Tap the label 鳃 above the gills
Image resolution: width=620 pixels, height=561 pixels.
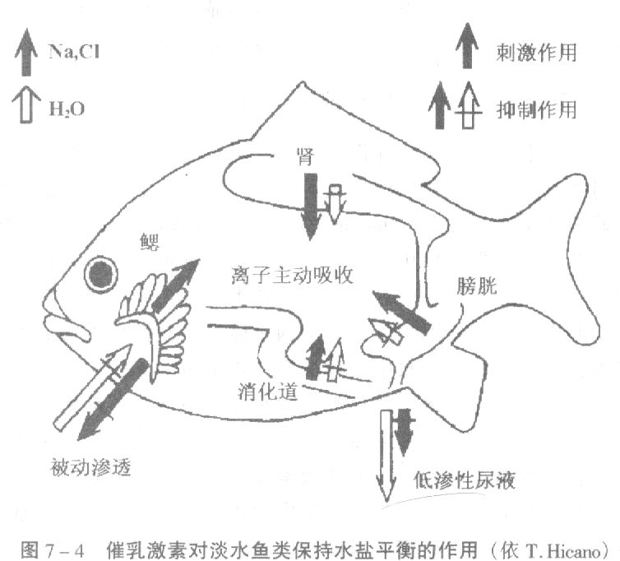click(150, 242)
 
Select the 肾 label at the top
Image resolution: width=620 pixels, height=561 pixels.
click(308, 156)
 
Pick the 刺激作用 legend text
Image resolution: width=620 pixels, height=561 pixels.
click(536, 53)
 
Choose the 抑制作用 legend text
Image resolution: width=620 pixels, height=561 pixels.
click(536, 109)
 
